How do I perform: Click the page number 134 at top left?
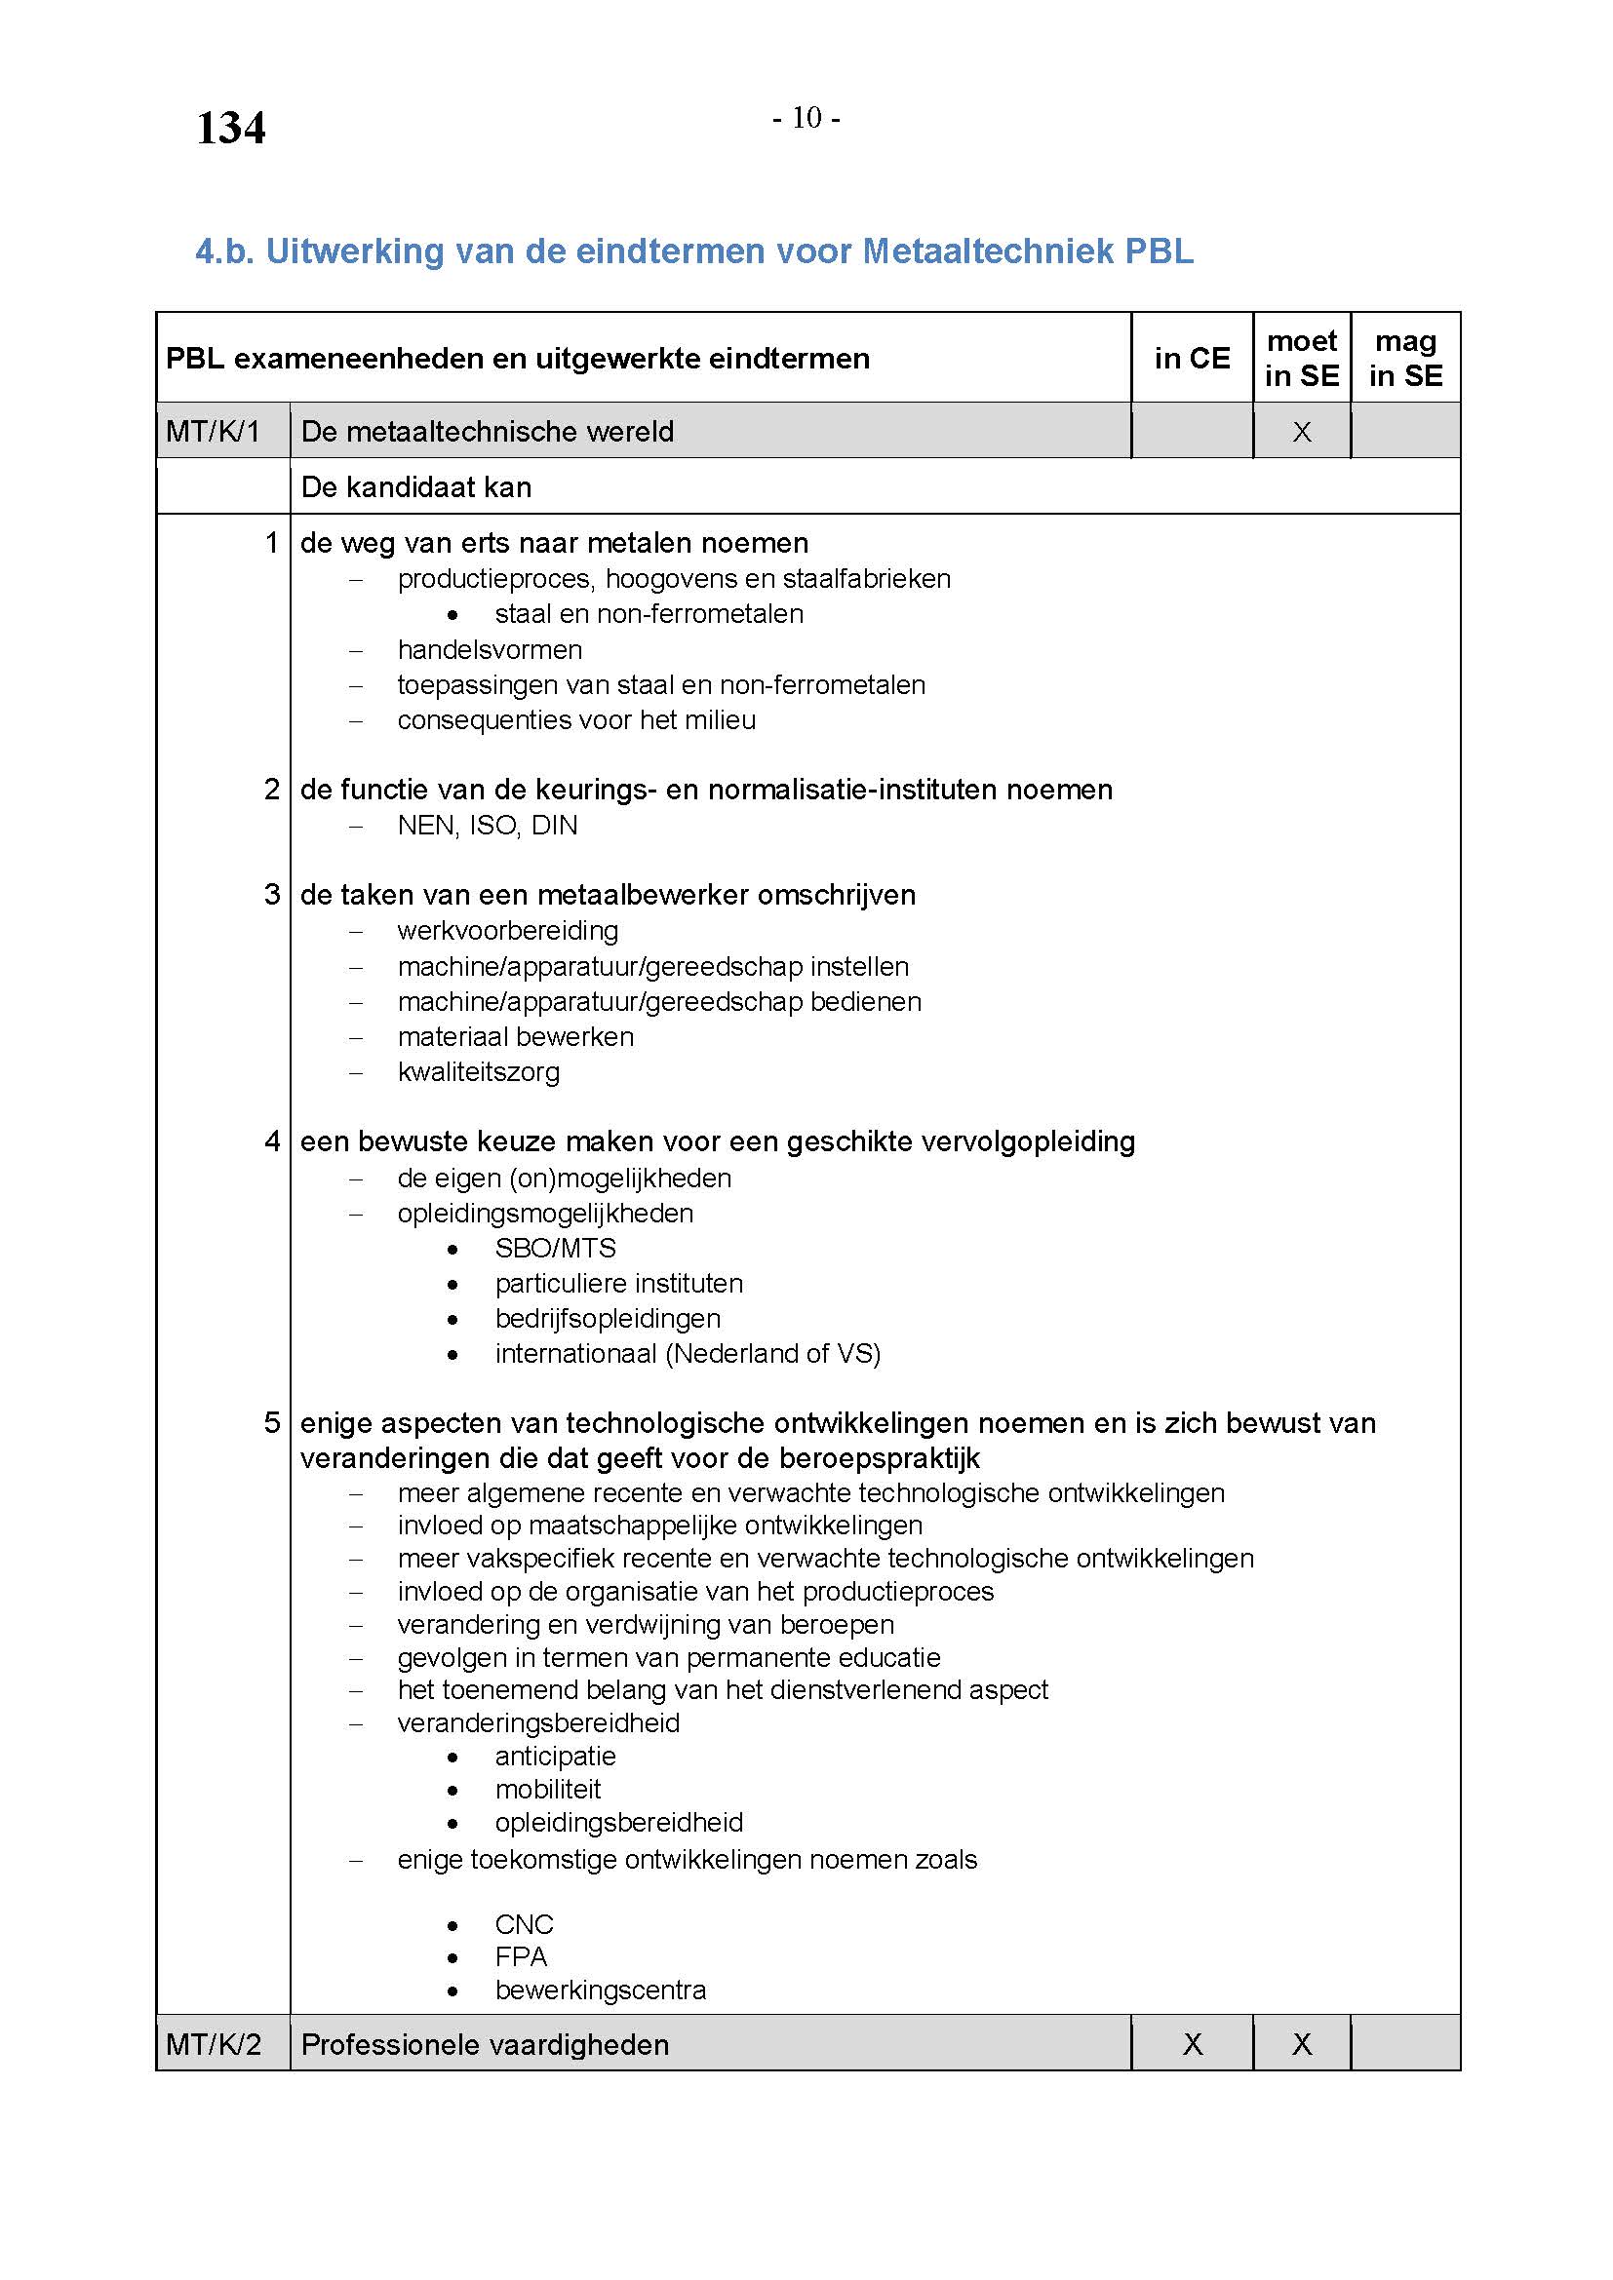(230, 129)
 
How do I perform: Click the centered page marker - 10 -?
(806, 118)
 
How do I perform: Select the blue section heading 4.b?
(694, 251)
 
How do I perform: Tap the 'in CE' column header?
(1192, 359)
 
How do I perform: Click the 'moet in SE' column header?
(1301, 359)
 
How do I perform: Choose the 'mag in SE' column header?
(1405, 359)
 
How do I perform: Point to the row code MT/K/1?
(213, 432)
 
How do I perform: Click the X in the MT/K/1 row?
(1301, 432)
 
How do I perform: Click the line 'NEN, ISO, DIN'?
(487, 826)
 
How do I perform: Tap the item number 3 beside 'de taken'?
(272, 895)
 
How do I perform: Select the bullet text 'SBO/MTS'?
(555, 1249)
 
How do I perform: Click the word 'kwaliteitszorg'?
(479, 1072)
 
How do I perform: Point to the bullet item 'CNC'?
(525, 1924)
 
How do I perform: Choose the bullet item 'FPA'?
(522, 1957)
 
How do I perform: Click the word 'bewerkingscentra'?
(601, 1990)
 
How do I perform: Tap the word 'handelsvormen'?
(490, 650)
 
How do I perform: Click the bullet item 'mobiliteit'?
(548, 1790)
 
